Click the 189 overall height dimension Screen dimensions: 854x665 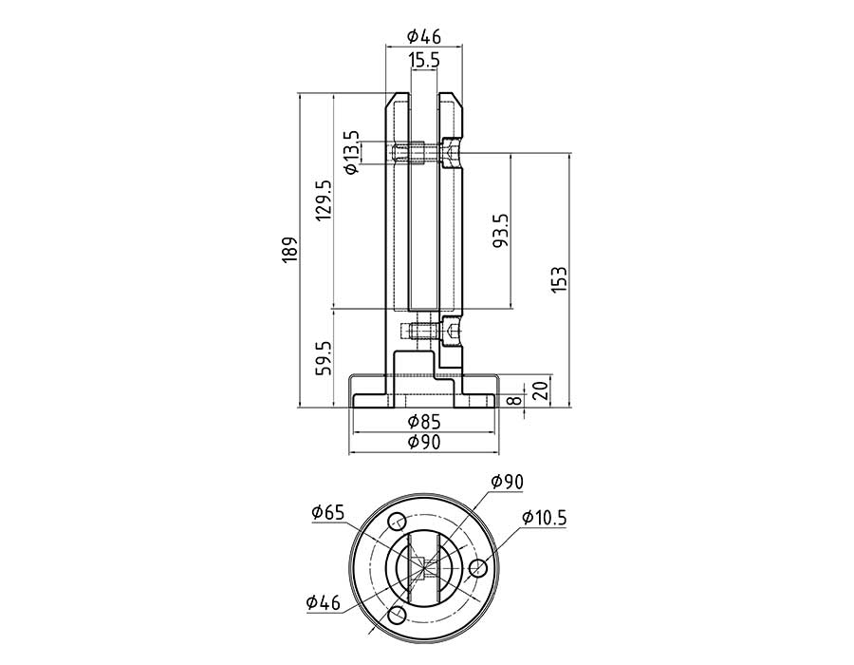tap(290, 250)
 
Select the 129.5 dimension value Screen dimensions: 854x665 tap(324, 200)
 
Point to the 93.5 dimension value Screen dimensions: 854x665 tap(500, 230)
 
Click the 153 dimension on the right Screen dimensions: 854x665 tap(559, 280)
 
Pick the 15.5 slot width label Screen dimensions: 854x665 tap(424, 60)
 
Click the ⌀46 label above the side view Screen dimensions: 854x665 tap(424, 36)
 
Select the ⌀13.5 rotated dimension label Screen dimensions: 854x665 tap(352, 152)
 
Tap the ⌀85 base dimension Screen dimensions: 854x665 tap(424, 422)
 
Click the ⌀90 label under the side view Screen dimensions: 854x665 tap(424, 442)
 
